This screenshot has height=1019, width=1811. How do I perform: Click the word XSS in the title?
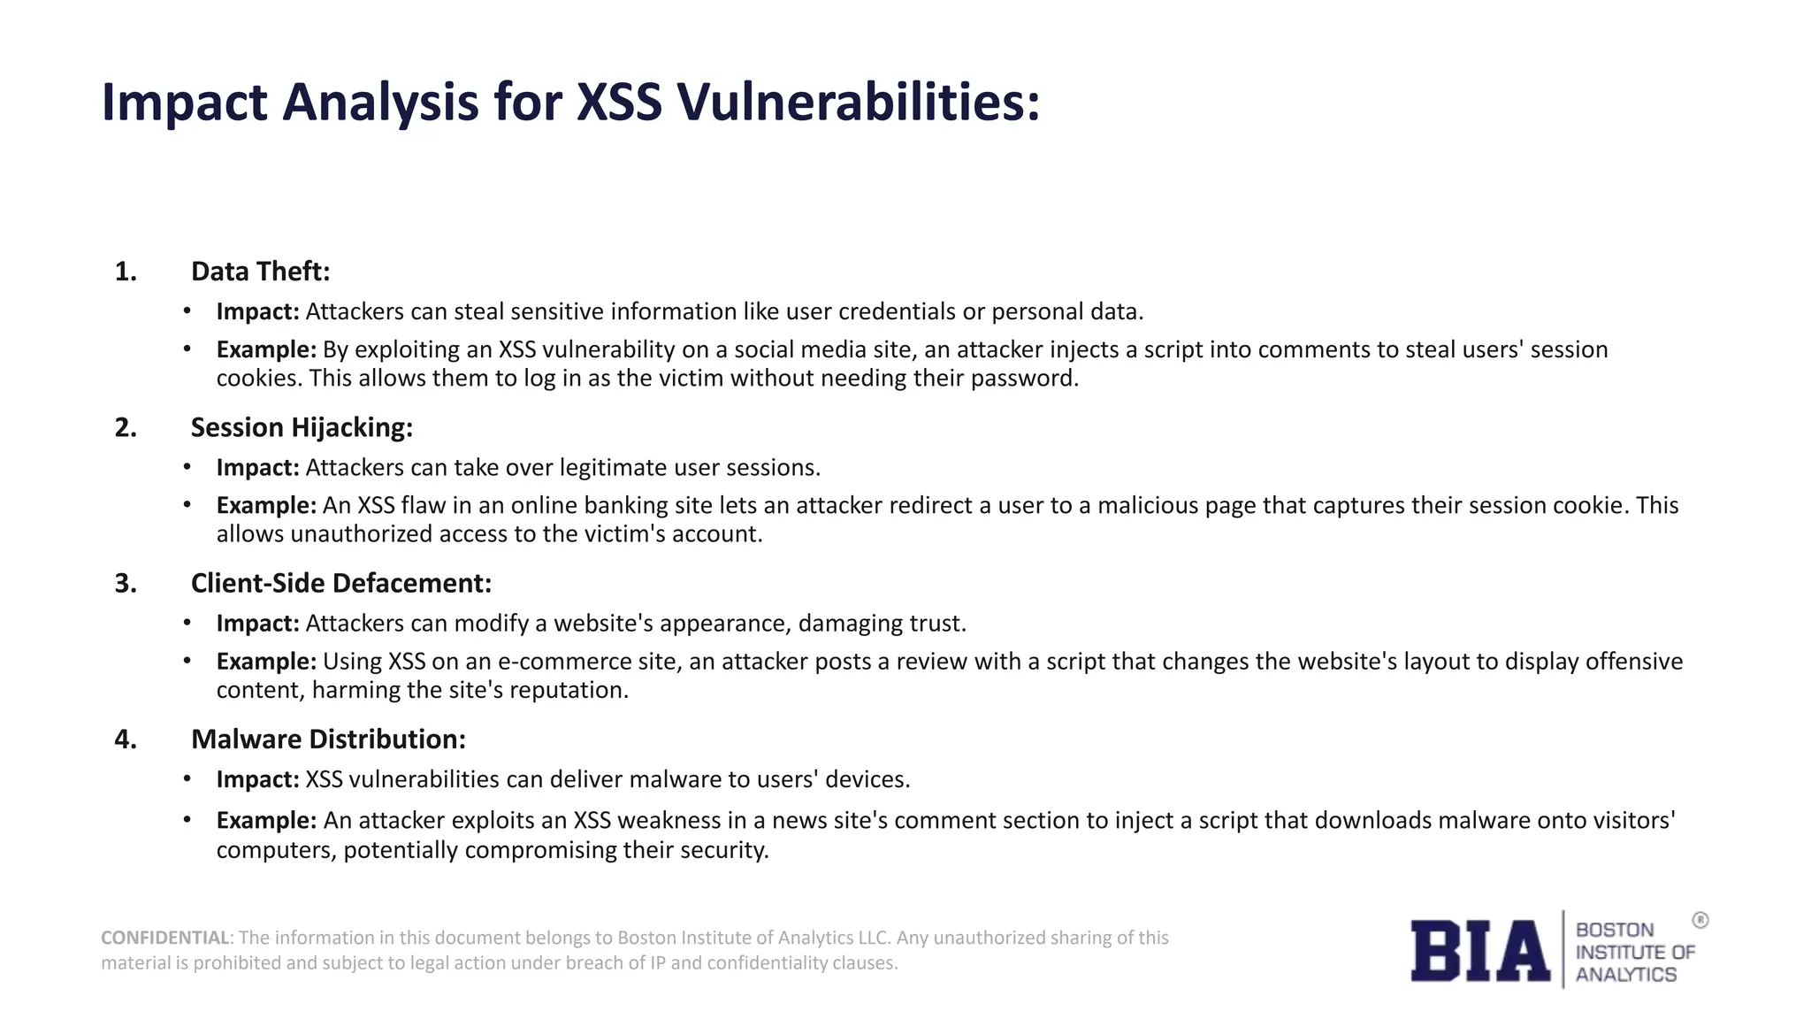click(618, 102)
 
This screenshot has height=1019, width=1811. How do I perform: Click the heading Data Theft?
click(260, 272)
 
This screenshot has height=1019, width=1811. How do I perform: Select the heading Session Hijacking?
click(302, 427)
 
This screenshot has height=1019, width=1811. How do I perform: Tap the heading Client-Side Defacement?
click(340, 583)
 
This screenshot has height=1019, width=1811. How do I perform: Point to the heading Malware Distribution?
click(328, 739)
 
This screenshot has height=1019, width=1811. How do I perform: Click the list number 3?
click(126, 584)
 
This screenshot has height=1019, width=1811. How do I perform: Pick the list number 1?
click(126, 272)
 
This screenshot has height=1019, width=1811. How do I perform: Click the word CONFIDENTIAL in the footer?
click(164, 938)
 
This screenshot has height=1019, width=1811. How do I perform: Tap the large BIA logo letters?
click(1479, 951)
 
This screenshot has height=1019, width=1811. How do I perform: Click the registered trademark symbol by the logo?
click(1700, 921)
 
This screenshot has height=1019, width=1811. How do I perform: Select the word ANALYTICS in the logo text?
click(1625, 975)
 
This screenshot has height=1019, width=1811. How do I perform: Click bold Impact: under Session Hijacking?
click(257, 467)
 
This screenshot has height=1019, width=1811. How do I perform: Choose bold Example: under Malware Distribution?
click(266, 821)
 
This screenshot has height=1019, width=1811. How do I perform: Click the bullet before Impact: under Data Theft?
click(187, 311)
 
